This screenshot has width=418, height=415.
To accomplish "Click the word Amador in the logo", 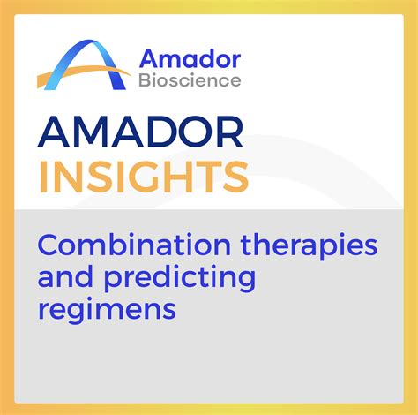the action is click(190, 59).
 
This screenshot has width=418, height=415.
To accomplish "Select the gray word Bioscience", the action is click(190, 80).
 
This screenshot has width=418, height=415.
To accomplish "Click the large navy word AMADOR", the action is click(140, 132).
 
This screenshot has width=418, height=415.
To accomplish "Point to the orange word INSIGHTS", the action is click(144, 177).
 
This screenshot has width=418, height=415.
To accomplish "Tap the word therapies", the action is click(309, 247).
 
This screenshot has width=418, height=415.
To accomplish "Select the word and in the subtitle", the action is click(65, 276).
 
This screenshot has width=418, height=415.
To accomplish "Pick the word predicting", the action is click(180, 279).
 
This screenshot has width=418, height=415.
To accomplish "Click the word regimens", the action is click(107, 311).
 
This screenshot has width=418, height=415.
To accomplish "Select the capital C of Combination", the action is click(49, 245).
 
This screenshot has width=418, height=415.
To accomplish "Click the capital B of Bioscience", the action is click(146, 80).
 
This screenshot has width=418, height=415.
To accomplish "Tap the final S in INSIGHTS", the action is click(235, 177).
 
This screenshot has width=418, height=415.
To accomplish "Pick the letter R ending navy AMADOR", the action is click(230, 132).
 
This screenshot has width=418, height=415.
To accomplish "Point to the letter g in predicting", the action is click(246, 282).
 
